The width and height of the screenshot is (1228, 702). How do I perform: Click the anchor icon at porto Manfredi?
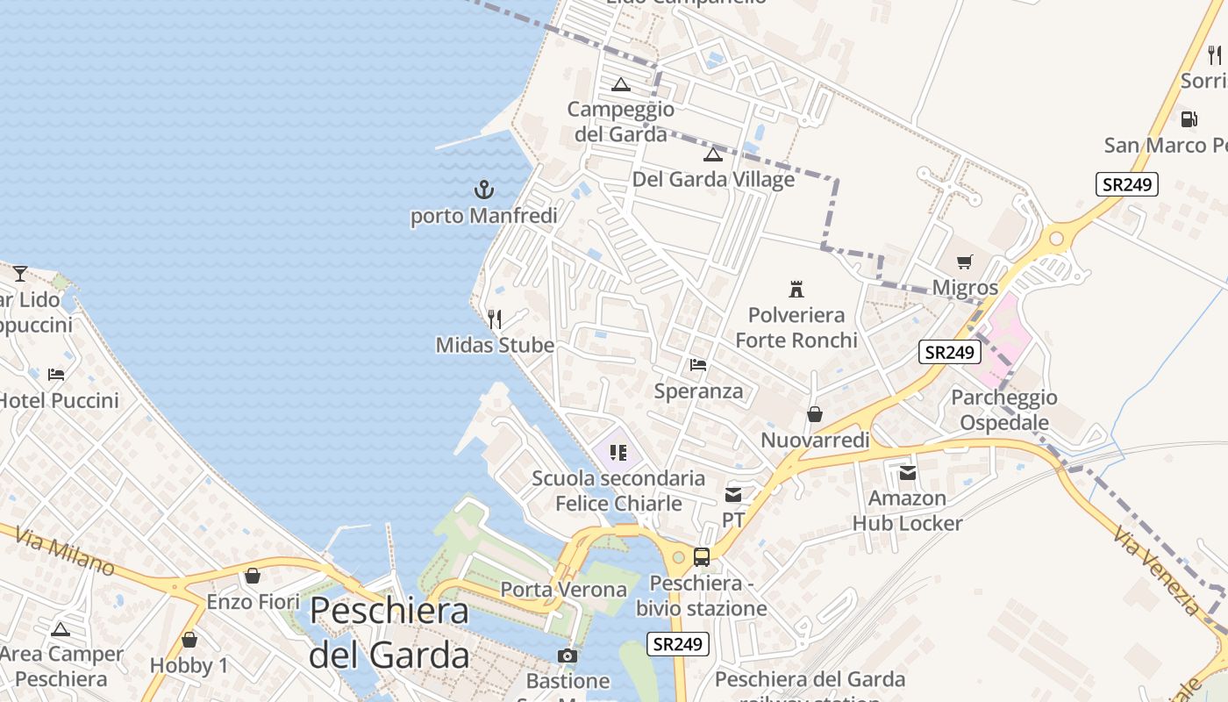[x=483, y=189]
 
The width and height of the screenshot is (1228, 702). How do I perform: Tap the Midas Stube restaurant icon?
[x=495, y=319]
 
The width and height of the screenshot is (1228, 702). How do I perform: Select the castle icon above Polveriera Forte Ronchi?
[x=796, y=289]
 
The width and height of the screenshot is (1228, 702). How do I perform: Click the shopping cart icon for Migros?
[x=965, y=261]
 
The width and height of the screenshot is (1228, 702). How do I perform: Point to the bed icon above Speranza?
[x=698, y=364]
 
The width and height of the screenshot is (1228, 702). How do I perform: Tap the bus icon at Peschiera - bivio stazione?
[x=701, y=556]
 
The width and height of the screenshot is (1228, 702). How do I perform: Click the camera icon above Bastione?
[x=568, y=655]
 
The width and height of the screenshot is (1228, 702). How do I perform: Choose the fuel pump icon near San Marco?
[x=1189, y=118]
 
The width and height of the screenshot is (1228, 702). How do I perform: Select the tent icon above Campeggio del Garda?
[x=621, y=84]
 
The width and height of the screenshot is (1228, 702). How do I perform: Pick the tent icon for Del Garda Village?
[x=712, y=154]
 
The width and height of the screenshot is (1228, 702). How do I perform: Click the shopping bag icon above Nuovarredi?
[x=815, y=414]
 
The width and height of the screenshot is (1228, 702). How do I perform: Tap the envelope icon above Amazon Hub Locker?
[x=908, y=473]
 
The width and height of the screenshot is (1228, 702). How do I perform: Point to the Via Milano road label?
[x=66, y=550]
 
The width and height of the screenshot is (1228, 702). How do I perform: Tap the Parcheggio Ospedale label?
[x=1004, y=410]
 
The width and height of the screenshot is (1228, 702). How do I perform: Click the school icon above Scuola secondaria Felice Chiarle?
[x=618, y=453]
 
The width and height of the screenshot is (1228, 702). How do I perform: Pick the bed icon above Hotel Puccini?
[x=56, y=375]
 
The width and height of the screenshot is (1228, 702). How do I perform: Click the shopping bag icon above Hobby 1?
[x=189, y=640]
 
